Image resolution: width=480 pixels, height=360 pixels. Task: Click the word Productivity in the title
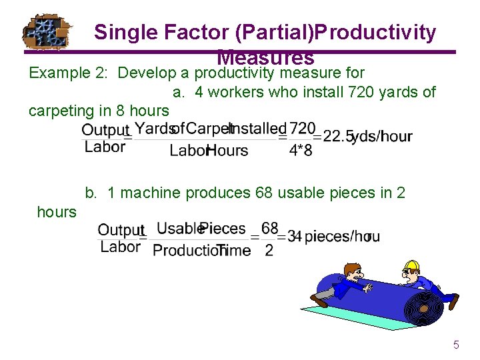click(377, 32)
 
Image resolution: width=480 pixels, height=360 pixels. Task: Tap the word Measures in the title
click(265, 58)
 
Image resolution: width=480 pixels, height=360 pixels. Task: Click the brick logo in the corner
click(45, 32)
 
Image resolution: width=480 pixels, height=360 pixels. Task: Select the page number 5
click(456, 345)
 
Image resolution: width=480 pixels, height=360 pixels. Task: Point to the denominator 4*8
click(300, 151)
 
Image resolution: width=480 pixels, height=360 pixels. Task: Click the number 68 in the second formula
click(269, 229)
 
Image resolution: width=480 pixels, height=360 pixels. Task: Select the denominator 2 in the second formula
click(269, 251)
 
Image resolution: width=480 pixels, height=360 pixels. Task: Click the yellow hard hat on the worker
click(411, 265)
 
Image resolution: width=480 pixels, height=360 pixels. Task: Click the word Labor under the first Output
click(105, 147)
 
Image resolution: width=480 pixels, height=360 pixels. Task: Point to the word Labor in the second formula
click(120, 247)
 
